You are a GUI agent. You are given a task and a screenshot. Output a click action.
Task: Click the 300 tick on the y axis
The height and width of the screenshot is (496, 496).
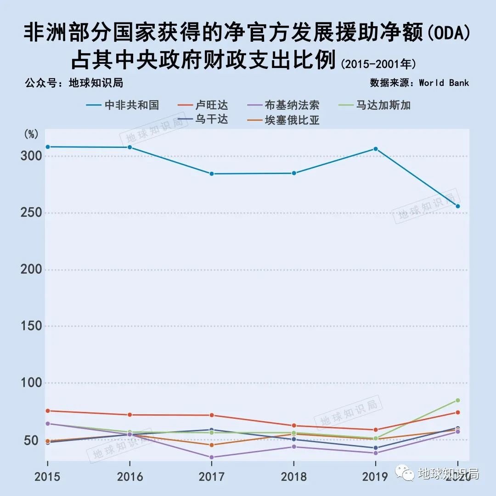coord(31,156)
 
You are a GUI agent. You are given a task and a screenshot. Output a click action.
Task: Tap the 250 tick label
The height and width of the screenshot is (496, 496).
coord(31,213)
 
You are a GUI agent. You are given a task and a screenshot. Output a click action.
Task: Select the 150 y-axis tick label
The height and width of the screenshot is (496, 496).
coord(31,327)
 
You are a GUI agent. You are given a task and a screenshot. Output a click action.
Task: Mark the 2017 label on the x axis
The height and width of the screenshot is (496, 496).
coord(211,476)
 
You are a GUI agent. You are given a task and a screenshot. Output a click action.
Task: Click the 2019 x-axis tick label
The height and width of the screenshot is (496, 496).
coord(375,476)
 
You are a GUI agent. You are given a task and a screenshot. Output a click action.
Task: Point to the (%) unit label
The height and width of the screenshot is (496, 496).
coord(31,135)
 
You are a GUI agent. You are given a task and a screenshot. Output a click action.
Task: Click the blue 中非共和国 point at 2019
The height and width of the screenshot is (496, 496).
coord(376,149)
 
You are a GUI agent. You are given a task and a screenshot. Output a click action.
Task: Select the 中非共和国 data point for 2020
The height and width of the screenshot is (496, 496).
coord(457,206)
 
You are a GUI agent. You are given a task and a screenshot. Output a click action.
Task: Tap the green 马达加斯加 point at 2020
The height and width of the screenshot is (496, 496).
coord(457,400)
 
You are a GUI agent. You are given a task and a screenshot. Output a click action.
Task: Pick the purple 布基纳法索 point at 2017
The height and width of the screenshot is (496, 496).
coord(212,457)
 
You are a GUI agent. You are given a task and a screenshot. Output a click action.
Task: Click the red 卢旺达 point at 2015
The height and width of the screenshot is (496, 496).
coord(48,411)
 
